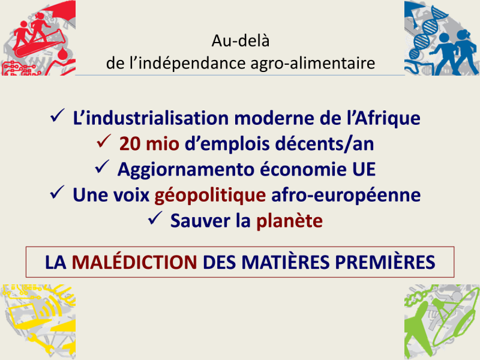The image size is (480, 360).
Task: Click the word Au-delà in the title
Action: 241,40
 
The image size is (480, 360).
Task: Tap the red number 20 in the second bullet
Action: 130,143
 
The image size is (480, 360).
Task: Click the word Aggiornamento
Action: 185,170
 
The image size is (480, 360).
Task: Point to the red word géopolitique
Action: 210,196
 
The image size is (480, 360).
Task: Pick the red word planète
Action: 289,221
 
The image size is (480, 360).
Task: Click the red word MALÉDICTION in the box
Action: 134,262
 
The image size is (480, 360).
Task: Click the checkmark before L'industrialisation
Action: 57,116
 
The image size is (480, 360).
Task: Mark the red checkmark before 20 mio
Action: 103,141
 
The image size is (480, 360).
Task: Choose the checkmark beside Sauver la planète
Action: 155,218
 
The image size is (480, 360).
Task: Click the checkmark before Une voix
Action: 57,193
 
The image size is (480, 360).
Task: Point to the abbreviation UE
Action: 364,169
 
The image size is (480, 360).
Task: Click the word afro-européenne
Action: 346,196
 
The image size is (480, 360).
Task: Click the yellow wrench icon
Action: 40,342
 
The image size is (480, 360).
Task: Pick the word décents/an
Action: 325,144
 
